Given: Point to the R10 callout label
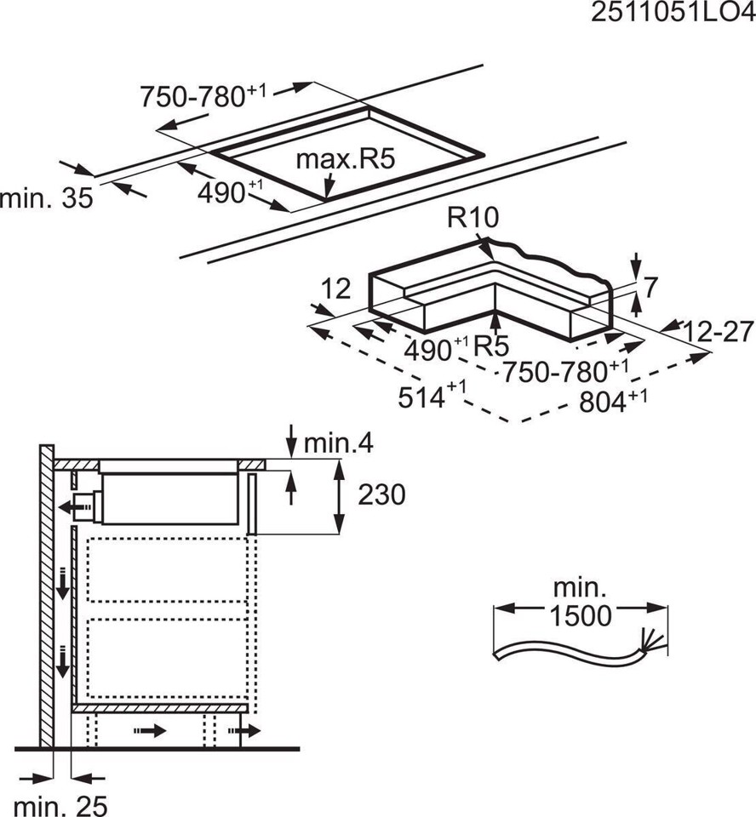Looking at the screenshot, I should [473, 219].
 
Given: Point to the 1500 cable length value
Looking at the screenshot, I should [581, 615].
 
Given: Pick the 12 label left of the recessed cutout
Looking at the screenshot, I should [336, 290].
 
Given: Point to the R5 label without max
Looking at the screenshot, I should [491, 347].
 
